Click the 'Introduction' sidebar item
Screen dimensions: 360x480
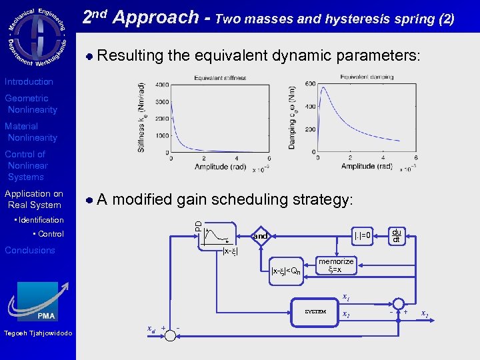click(29, 81)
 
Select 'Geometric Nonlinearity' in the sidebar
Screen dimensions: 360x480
click(31, 104)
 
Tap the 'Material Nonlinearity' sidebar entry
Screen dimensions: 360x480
click(31, 132)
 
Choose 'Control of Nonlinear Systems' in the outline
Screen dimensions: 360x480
click(27, 165)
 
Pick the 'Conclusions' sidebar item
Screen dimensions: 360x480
click(30, 250)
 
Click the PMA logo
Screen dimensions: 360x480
click(38, 302)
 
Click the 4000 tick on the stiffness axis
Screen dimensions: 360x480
click(161, 85)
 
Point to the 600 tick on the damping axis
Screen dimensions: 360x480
click(310, 83)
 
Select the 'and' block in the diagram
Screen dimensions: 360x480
click(261, 236)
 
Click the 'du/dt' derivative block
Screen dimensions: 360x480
click(396, 235)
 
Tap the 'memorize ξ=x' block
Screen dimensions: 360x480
click(336, 266)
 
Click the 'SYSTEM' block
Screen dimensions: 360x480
click(315, 311)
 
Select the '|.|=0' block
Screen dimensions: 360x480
click(362, 235)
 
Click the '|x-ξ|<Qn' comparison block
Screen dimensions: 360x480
click(286, 271)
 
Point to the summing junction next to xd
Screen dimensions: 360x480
click(171, 335)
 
